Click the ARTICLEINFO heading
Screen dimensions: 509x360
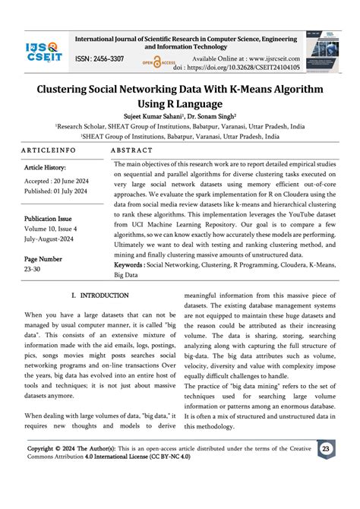(x=54, y=150)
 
